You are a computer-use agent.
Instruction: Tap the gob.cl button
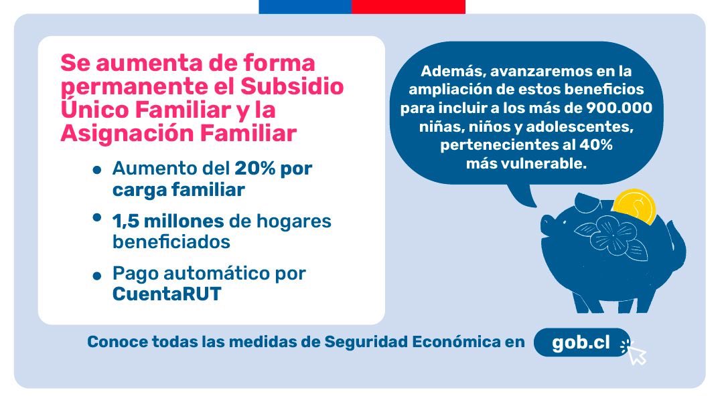coord(581,342)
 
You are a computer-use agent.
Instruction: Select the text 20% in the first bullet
coord(254,169)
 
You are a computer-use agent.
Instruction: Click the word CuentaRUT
coord(167,294)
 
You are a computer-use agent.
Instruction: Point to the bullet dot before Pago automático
coord(98,276)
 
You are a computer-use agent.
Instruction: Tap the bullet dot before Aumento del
coord(98,171)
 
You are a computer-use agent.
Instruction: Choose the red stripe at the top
coord(408,6)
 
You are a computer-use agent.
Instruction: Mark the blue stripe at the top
coord(305,6)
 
